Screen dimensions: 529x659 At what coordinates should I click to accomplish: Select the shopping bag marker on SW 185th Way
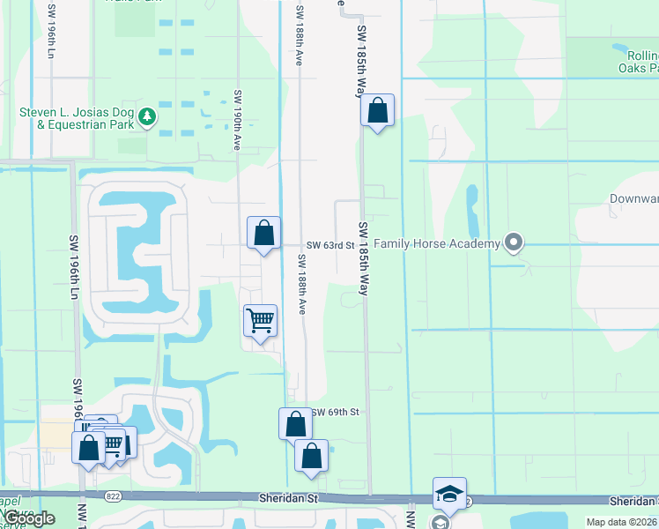(x=377, y=111)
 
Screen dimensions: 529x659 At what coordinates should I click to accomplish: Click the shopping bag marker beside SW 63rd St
(x=263, y=234)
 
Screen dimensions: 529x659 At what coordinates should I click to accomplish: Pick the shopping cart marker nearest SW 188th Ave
(x=260, y=322)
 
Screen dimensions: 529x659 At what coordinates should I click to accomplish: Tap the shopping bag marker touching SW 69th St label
(x=295, y=425)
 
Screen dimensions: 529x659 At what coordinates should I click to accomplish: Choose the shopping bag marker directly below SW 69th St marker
(x=311, y=457)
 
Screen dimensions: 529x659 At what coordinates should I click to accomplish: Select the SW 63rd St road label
(x=329, y=245)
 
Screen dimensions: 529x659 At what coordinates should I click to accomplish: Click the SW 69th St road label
(x=335, y=412)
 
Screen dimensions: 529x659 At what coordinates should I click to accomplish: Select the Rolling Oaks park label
(x=630, y=62)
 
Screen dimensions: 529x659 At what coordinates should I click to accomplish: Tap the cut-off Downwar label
(x=633, y=198)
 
